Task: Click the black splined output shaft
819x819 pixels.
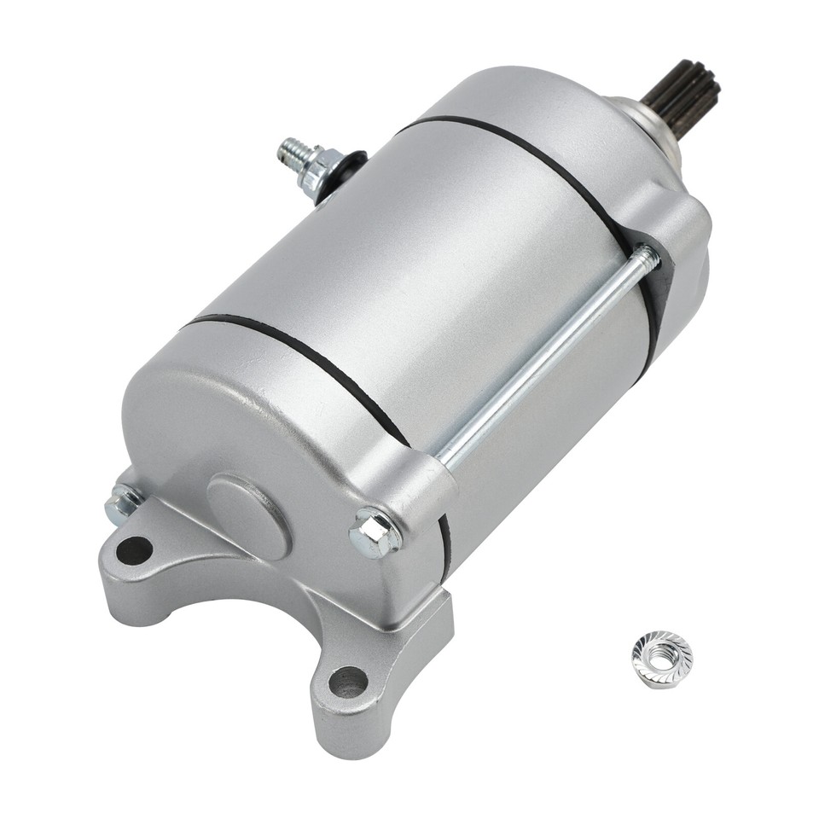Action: coord(683,89)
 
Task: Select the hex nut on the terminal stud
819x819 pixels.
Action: coord(317,169)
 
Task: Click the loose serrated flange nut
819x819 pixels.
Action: coord(662,659)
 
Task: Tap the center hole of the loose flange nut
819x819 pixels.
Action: coord(662,658)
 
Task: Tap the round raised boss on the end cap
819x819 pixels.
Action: coord(248,515)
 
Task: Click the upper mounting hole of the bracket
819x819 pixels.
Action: coord(134,550)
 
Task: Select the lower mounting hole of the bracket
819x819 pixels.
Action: coord(348,681)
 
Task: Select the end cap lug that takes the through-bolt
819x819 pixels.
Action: coord(409,486)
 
